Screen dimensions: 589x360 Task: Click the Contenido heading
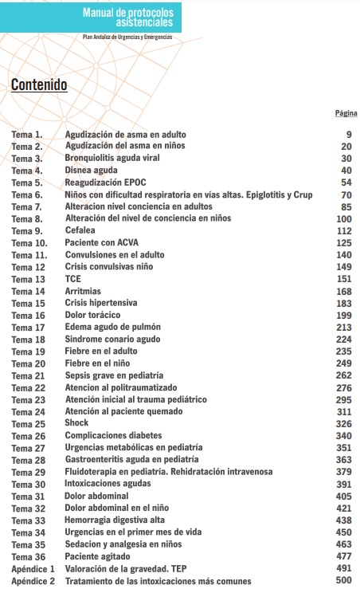[x=38, y=85]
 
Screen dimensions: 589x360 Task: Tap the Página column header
[x=346, y=113]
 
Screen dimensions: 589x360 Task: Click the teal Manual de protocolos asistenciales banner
[x=127, y=17]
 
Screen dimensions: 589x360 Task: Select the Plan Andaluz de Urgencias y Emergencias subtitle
[x=127, y=37]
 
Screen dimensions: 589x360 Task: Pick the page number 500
[x=344, y=581]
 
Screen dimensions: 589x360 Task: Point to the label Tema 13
[x=28, y=279]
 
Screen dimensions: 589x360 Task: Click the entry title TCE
[x=73, y=279]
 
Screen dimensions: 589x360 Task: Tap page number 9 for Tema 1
[x=348, y=135]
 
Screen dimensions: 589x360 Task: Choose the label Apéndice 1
[x=33, y=569]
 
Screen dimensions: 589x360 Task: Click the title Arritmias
[x=83, y=291]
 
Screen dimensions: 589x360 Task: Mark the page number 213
[x=344, y=328]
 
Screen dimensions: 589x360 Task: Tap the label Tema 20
[x=28, y=363]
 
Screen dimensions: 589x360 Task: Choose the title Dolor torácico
[x=92, y=315]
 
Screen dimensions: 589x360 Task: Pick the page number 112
[x=344, y=230]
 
